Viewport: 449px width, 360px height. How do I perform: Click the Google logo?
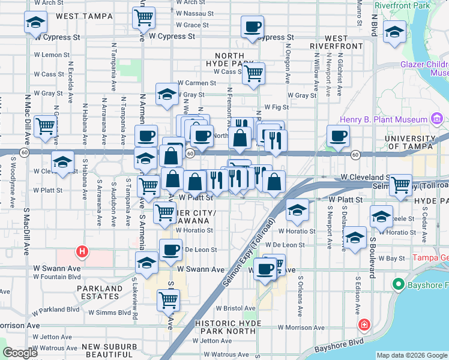[x=20, y=353]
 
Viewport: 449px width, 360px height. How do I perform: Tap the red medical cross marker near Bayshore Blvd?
[x=364, y=325]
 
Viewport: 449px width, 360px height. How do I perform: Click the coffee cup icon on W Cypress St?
[x=252, y=26]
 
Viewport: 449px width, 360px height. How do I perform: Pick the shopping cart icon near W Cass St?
[x=255, y=73]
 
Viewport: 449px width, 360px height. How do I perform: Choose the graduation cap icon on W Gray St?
[x=167, y=93]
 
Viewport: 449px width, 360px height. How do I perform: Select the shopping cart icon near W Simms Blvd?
[x=169, y=299]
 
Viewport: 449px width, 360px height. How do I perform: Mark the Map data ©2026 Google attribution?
[x=411, y=355]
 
